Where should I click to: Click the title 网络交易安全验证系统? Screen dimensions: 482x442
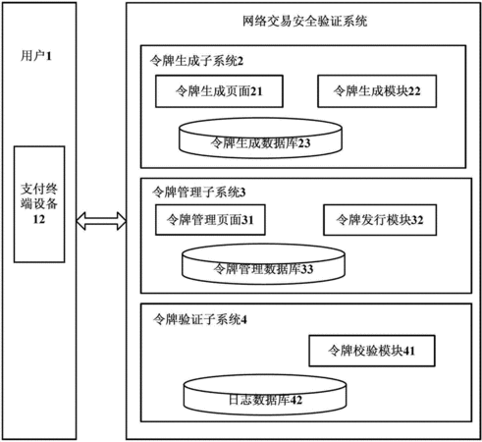point(304,22)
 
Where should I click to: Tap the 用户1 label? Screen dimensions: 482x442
point(36,56)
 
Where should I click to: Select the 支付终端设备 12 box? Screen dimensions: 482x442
point(39,204)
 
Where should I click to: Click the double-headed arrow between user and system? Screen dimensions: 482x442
point(101,221)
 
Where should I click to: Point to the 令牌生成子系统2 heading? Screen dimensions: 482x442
point(196,61)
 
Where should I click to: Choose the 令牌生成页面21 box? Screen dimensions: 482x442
point(219,91)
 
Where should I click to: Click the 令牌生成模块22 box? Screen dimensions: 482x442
point(377,91)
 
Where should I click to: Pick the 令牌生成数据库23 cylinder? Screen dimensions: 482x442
point(260,138)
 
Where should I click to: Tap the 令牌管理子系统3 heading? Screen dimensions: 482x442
point(198,193)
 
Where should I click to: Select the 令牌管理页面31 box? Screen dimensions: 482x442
point(210,220)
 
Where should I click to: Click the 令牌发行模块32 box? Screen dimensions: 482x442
point(380,220)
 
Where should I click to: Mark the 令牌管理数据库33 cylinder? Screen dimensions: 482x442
point(263,264)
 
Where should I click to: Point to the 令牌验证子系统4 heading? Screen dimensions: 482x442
point(200,319)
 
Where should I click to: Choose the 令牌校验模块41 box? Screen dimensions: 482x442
point(372,351)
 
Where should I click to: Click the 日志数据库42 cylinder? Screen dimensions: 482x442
point(265,395)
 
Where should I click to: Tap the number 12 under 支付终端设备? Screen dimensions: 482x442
point(39,219)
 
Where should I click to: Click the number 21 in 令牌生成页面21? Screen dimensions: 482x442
point(256,91)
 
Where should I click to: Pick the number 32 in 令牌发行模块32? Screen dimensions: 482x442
point(417,220)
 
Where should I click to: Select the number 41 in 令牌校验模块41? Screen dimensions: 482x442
point(409,351)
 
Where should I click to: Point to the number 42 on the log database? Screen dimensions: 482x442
point(295,400)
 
